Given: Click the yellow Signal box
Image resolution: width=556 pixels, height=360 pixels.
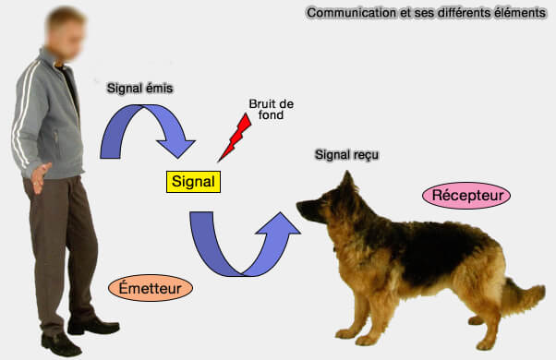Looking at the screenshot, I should click(193, 182).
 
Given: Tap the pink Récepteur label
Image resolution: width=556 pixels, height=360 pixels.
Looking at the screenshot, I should click(466, 196).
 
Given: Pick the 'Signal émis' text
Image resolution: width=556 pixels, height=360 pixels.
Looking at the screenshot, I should click(140, 88).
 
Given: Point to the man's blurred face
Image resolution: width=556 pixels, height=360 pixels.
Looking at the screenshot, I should click(66, 28).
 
